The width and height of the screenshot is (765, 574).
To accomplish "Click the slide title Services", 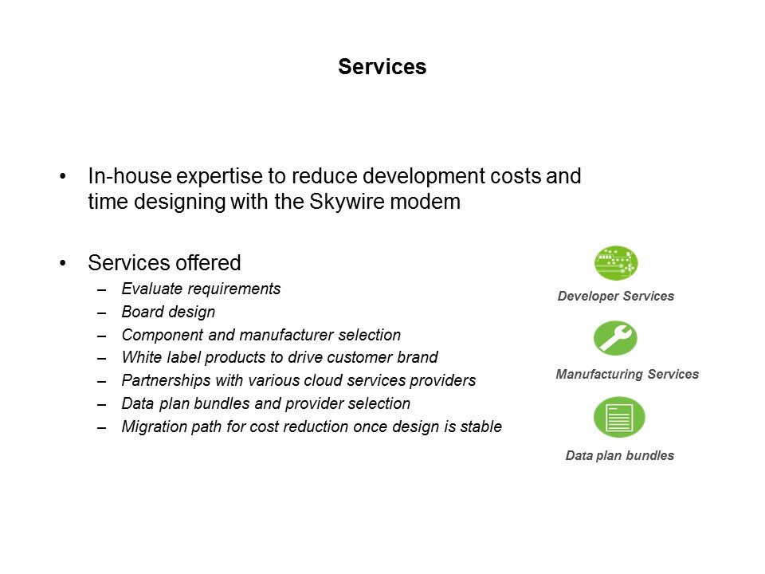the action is pyautogui.click(x=382, y=67).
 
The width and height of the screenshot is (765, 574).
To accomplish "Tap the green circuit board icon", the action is pyautogui.click(x=616, y=263).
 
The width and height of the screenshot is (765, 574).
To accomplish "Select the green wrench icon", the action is pyautogui.click(x=615, y=338).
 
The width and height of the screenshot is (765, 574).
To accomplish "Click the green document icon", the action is pyautogui.click(x=619, y=417).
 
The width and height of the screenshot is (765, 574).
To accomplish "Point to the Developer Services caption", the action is pyautogui.click(x=616, y=297).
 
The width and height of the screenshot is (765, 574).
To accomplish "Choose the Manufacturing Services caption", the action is pyautogui.click(x=627, y=375).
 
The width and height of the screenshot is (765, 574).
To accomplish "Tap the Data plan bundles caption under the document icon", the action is pyautogui.click(x=620, y=455).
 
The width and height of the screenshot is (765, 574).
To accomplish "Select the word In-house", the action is pyautogui.click(x=129, y=175).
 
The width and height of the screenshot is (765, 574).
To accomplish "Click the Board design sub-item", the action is pyautogui.click(x=168, y=312).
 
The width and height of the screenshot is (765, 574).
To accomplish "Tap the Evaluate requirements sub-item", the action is pyautogui.click(x=201, y=289).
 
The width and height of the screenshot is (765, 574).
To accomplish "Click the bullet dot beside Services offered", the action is pyautogui.click(x=62, y=263).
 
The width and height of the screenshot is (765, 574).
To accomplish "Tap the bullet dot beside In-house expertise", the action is pyautogui.click(x=62, y=176).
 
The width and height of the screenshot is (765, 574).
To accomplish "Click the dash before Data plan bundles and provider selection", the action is pyautogui.click(x=101, y=405).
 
